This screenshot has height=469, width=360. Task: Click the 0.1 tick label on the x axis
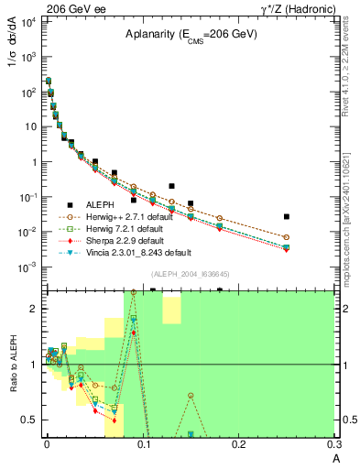[x=142, y=445]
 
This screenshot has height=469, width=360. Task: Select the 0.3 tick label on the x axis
[x=334, y=445]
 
